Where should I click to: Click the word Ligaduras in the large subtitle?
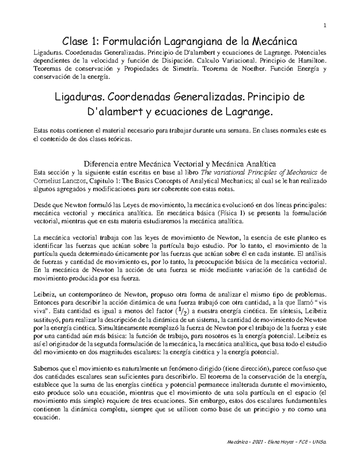tap(79, 97)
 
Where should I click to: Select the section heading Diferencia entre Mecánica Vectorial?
tap(179, 164)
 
